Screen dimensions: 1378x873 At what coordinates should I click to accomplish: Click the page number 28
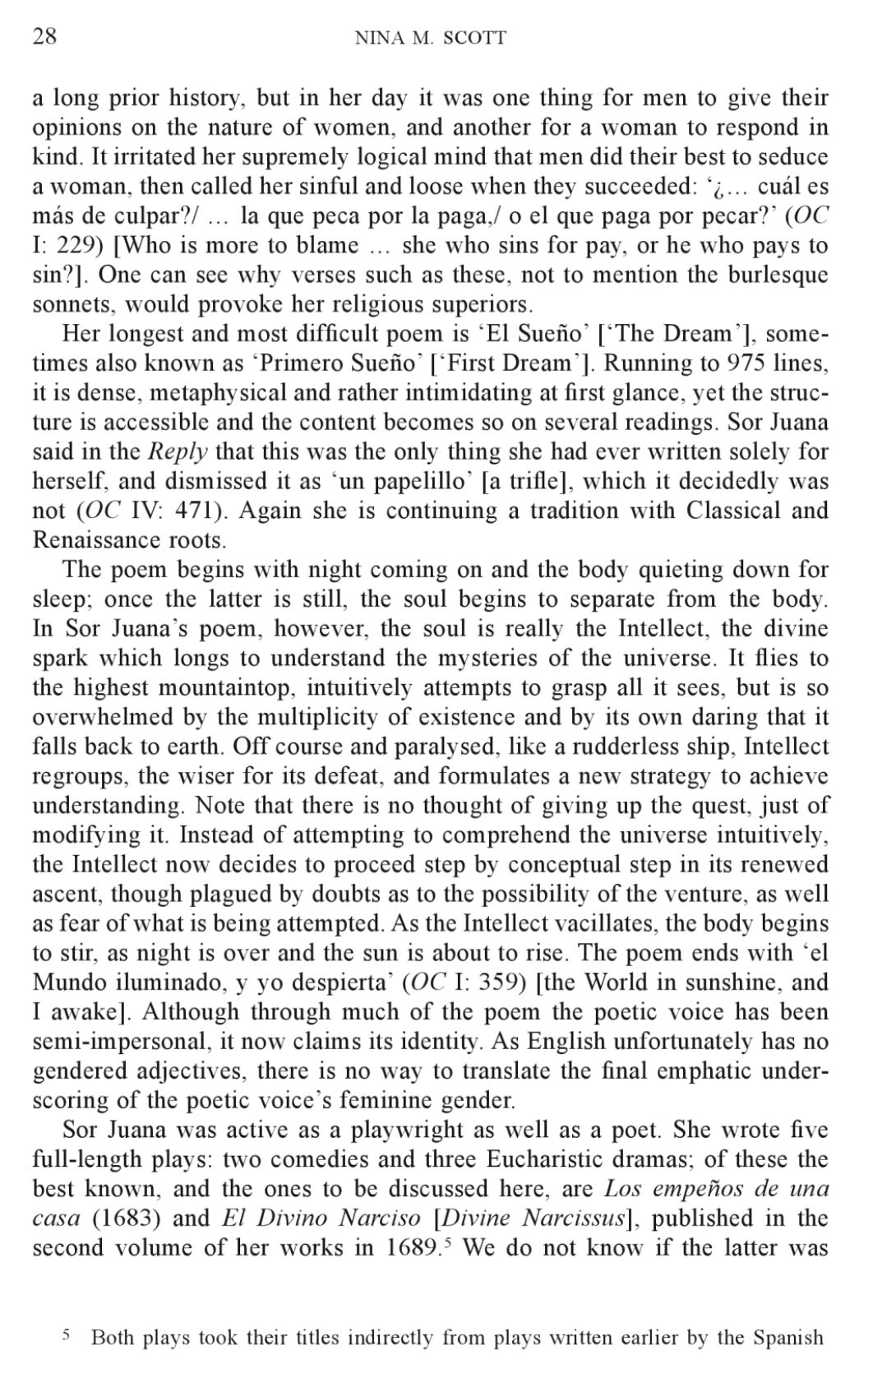coord(44,36)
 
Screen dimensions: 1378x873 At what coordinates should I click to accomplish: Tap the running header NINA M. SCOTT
coord(430,38)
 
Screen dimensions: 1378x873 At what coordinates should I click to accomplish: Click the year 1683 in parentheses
coord(123,1219)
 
